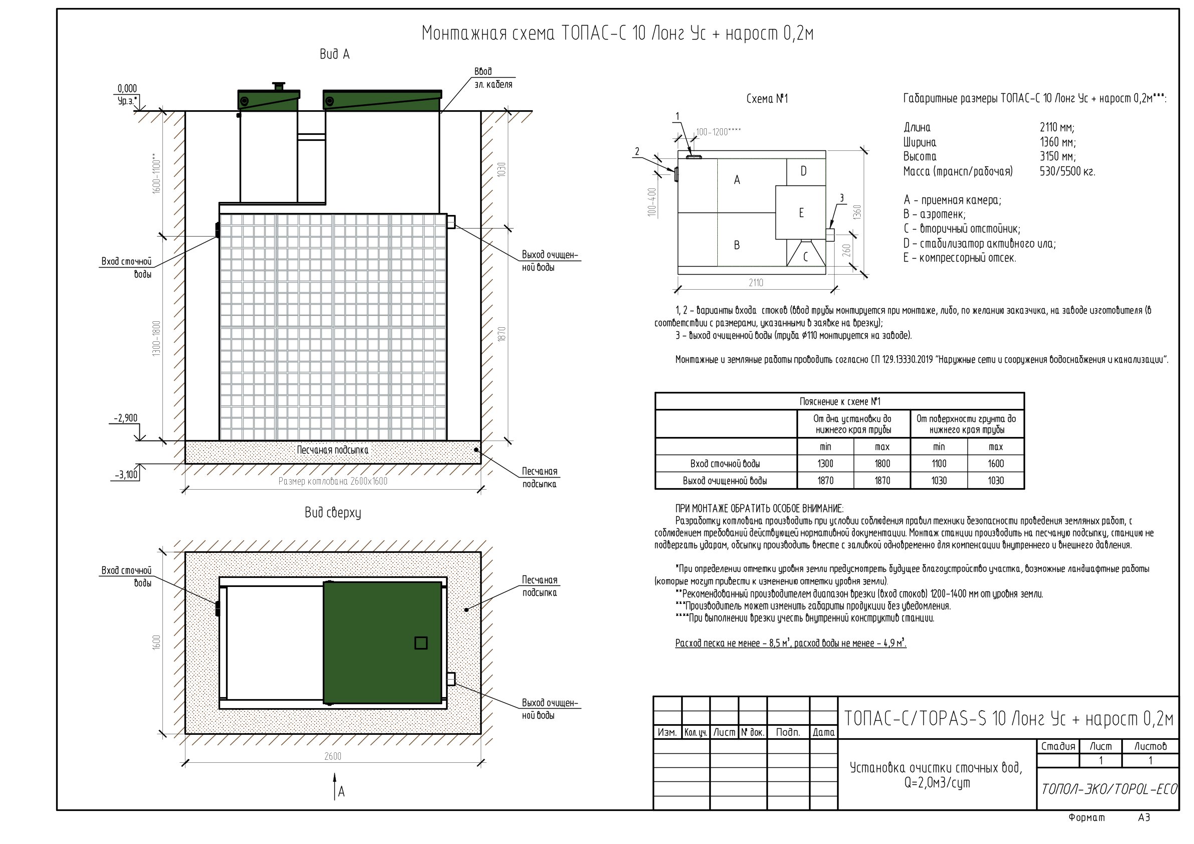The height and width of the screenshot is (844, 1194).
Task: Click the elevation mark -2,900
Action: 126,418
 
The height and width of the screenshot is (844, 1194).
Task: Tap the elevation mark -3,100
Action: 126,474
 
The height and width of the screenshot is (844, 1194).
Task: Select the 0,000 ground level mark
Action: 127,88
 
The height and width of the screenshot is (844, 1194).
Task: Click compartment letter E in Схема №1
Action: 802,213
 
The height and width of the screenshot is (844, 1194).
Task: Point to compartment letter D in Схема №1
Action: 804,171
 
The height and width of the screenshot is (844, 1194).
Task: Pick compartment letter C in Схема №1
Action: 806,257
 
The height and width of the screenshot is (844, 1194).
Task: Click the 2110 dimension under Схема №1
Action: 756,282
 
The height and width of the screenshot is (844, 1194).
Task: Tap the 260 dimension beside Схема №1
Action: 847,250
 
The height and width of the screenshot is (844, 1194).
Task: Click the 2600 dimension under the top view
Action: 333,756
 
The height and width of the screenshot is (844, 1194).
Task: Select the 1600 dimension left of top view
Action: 157,642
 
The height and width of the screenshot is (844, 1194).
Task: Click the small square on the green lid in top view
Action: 421,643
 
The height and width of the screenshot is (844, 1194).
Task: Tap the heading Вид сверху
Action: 333,513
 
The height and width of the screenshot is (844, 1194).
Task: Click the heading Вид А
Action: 334,54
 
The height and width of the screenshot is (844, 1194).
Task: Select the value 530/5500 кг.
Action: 1067,171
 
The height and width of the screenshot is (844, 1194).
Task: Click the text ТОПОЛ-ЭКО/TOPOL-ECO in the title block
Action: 1109,789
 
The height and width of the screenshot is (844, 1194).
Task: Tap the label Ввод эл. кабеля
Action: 493,78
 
